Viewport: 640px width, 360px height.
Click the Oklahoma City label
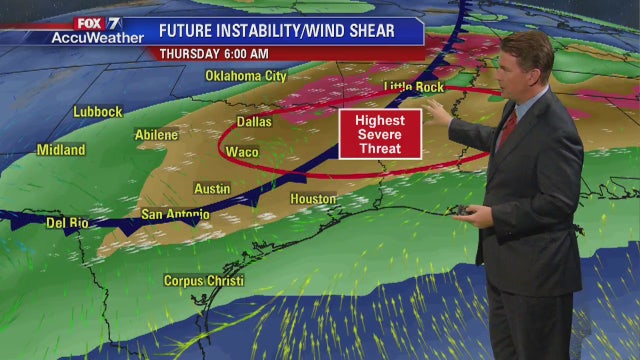click(x=246, y=76)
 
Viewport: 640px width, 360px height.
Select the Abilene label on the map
click(x=156, y=135)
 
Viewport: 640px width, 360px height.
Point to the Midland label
click(x=61, y=150)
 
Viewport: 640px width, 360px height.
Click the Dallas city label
click(x=254, y=123)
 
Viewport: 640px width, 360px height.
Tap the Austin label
click(x=212, y=188)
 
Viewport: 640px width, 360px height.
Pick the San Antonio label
click(x=175, y=214)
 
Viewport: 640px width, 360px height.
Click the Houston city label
click(x=313, y=199)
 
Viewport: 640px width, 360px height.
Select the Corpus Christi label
click(x=203, y=281)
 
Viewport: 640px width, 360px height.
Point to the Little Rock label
click(x=415, y=88)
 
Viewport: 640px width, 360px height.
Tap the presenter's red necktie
click(x=507, y=129)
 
